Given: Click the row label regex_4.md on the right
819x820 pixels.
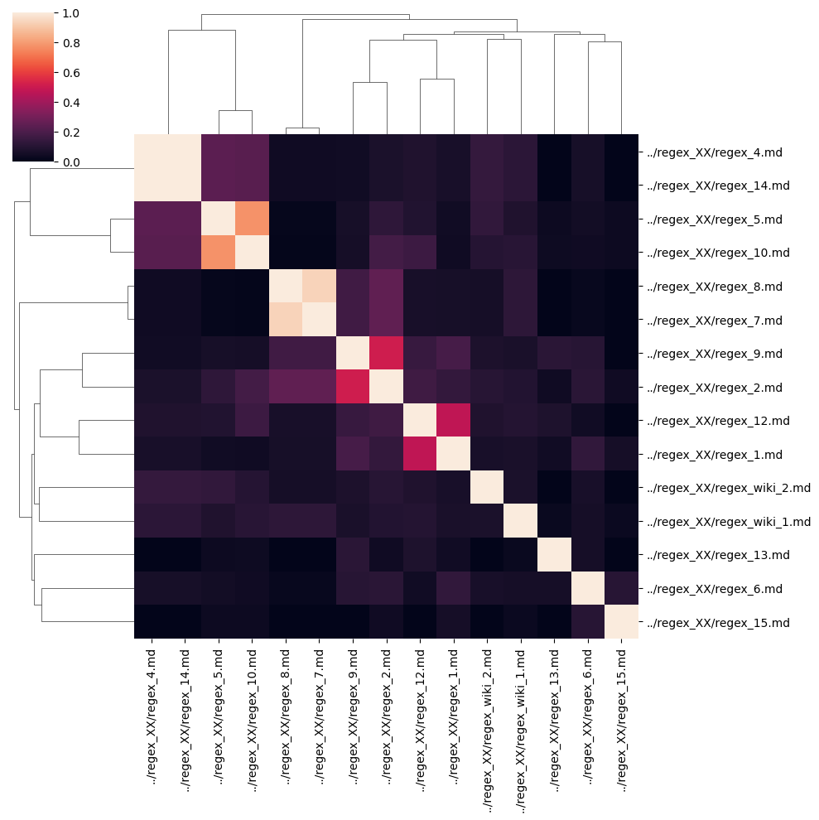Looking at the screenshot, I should [717, 152].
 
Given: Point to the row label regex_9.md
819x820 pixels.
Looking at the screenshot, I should [717, 354].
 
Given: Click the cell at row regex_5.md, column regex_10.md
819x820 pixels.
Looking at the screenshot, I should [252, 219].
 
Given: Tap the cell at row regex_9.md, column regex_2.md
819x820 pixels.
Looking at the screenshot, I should [386, 353].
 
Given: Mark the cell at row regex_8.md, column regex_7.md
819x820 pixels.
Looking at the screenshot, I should [319, 286].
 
